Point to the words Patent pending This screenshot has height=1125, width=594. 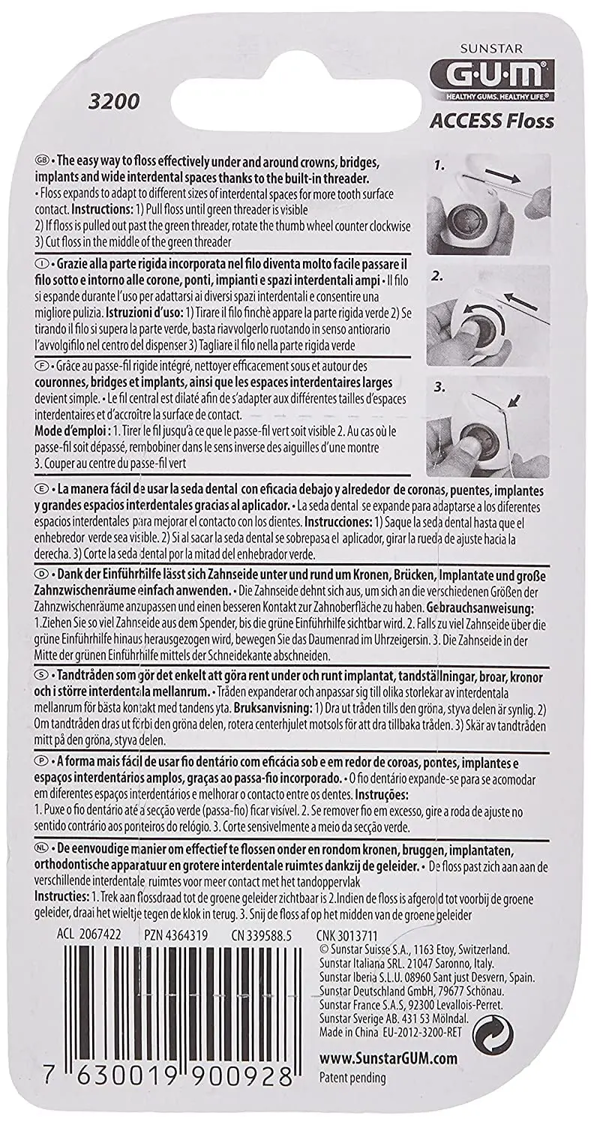pyautogui.click(x=352, y=1078)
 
